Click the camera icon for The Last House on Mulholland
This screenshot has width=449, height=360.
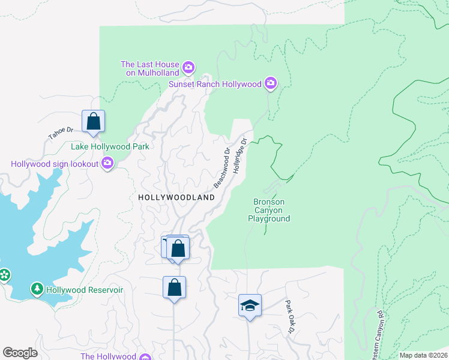pyautogui.click(x=188, y=67)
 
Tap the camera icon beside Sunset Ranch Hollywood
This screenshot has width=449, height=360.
pyautogui.click(x=271, y=83)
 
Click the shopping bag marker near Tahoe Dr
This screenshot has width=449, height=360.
pyautogui.click(x=94, y=121)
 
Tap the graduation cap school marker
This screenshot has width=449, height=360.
pyautogui.click(x=250, y=305)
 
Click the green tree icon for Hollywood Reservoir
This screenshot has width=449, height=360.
pyautogui.click(x=37, y=290)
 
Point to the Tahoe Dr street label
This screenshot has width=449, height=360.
pyautogui.click(x=61, y=133)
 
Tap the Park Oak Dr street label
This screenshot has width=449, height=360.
pyautogui.click(x=290, y=316)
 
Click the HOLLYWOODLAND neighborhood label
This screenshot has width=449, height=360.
pyautogui.click(x=176, y=197)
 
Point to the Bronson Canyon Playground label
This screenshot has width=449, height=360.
pyautogui.click(x=269, y=211)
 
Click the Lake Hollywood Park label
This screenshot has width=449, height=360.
pyautogui.click(x=110, y=146)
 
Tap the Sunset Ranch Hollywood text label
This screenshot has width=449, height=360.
pyautogui.click(x=215, y=84)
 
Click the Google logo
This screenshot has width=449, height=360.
pyautogui.click(x=20, y=353)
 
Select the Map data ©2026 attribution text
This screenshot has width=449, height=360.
pyautogui.click(x=423, y=355)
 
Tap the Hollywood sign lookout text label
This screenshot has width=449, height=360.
pyautogui.click(x=55, y=163)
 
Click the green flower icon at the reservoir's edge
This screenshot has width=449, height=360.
pyautogui.click(x=5, y=275)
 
